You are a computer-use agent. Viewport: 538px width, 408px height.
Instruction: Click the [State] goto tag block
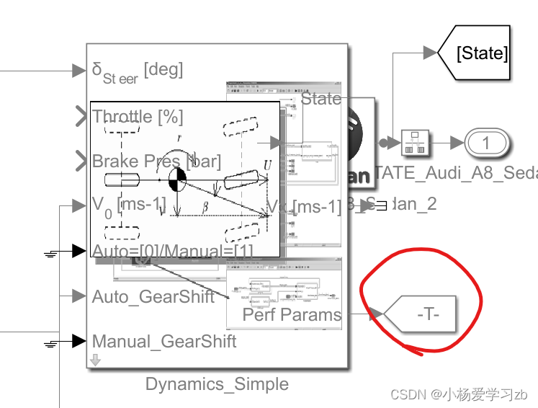click(x=482, y=53)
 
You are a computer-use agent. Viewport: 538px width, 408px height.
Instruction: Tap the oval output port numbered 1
click(x=485, y=143)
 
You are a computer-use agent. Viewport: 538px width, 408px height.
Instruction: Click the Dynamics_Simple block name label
click(x=217, y=384)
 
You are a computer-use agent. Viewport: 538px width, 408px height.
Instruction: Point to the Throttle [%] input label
click(x=138, y=117)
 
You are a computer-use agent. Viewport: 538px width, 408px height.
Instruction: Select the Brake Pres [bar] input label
click(x=156, y=161)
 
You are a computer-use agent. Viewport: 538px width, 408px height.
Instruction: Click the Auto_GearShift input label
click(x=153, y=296)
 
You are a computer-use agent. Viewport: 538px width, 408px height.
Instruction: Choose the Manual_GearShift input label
click(x=164, y=341)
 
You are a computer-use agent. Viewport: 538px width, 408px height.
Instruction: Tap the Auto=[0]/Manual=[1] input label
click(x=173, y=251)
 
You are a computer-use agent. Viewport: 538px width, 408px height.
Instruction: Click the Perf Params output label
click(x=292, y=314)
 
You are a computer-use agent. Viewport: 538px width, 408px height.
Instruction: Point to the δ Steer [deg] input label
click(x=138, y=71)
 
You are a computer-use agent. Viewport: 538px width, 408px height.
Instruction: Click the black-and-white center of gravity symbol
click(x=177, y=179)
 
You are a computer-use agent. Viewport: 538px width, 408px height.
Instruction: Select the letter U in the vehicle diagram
click(x=268, y=165)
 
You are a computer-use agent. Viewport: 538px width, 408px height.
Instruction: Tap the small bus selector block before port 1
click(x=416, y=143)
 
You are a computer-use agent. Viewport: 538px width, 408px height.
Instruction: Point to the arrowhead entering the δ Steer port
click(x=79, y=71)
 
